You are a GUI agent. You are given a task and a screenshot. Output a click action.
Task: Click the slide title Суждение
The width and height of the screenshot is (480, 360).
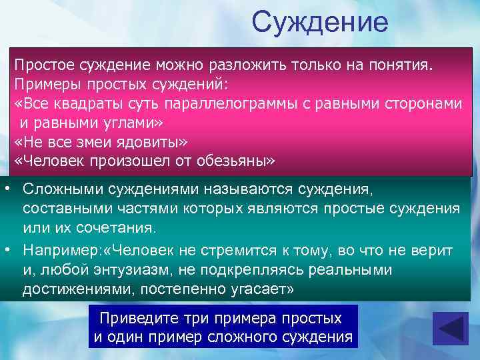click(x=319, y=23)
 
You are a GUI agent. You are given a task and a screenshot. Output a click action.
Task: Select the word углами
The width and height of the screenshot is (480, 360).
click(x=129, y=124)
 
